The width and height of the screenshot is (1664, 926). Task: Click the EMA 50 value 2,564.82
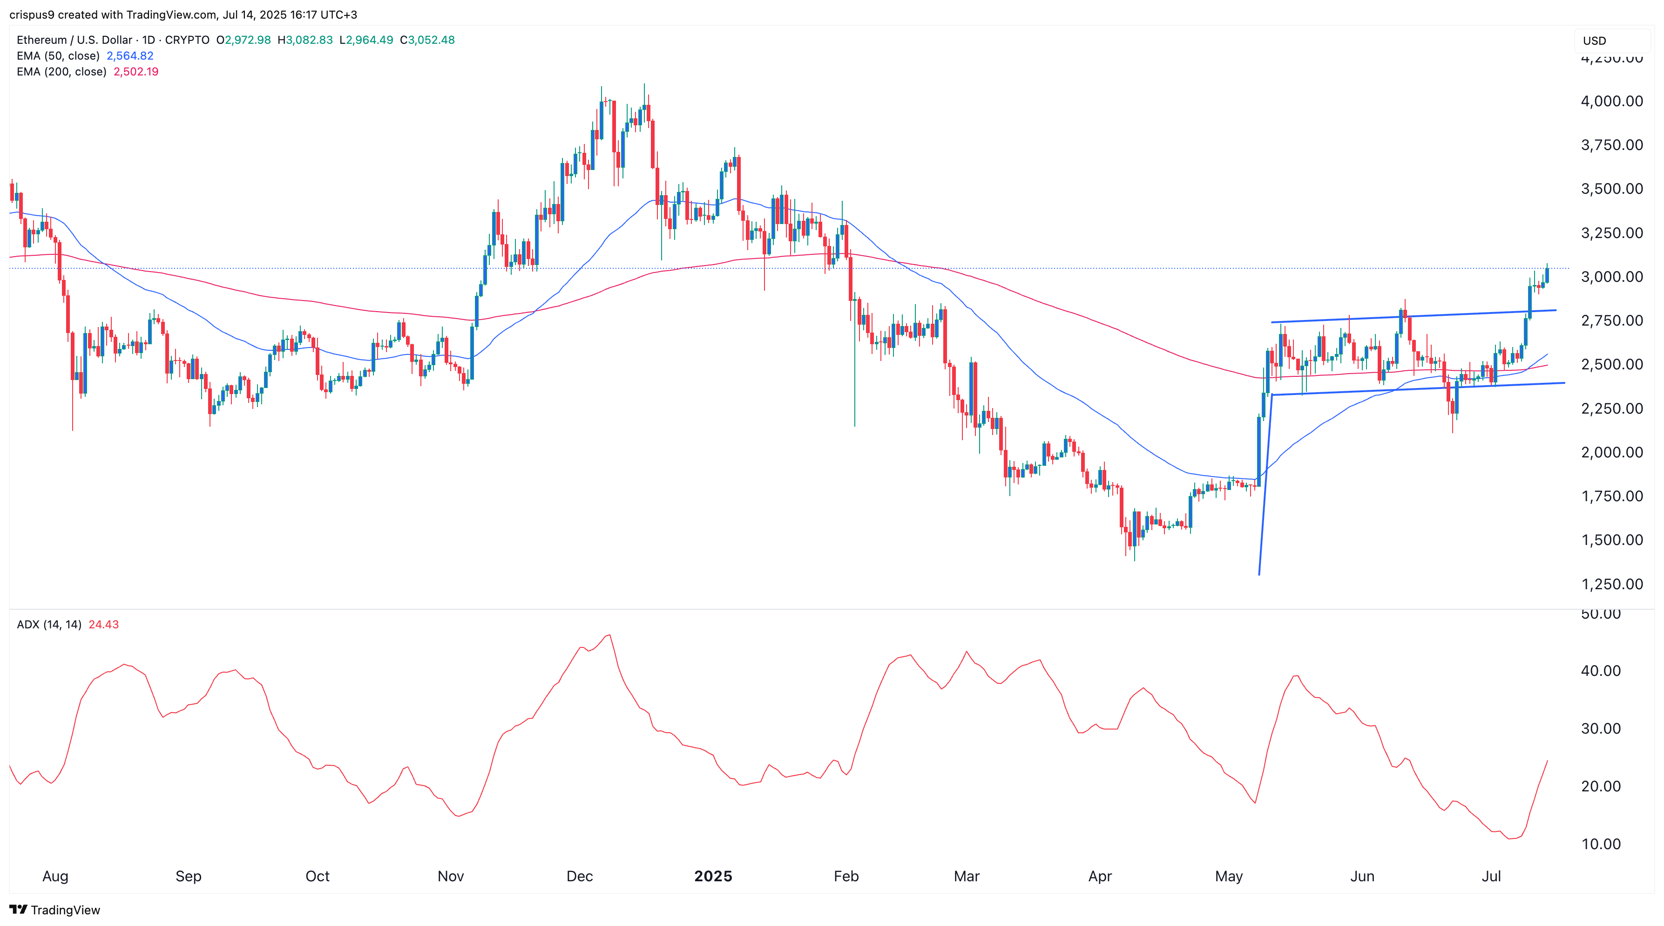pos(130,55)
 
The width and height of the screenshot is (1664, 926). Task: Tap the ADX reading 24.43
pos(103,624)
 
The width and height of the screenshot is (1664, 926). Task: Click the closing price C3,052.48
pos(427,40)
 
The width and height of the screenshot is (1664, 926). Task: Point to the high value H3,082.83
pos(305,40)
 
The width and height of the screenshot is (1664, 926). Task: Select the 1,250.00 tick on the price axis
pos(1611,584)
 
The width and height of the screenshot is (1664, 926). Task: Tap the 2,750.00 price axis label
pos(1611,320)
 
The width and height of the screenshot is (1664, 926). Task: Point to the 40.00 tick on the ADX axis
pos(1600,671)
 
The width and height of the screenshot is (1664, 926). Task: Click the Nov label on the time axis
pos(450,876)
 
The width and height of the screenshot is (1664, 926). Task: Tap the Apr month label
pos(1099,876)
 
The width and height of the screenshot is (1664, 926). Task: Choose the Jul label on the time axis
pos(1490,876)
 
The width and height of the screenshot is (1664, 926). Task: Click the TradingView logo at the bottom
pos(55,910)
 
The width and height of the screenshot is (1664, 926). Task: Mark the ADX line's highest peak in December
pos(609,635)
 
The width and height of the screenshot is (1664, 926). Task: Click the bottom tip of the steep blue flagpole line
pos(1259,574)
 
